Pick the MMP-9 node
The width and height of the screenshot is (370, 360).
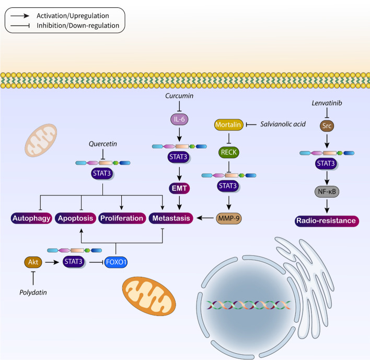click(228, 216)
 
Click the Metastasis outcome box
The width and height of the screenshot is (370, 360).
click(170, 217)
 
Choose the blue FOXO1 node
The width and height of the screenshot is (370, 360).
click(116, 258)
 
